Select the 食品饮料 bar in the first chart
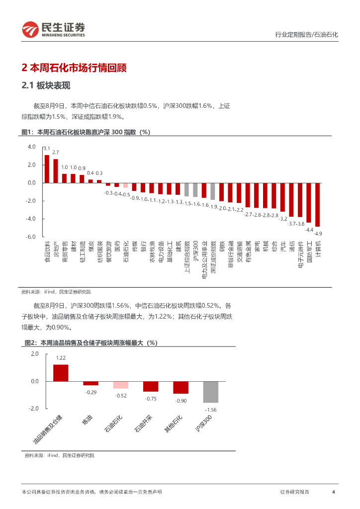pyautogui.click(x=47, y=169)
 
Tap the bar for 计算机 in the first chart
pyautogui.click(x=317, y=205)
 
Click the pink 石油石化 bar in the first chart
pyautogui.click(x=125, y=185)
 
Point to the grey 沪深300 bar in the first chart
pyautogui.click(x=195, y=190)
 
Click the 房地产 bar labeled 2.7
pyautogui.click(x=56, y=171)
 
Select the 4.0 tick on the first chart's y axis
pyautogui.click(x=32, y=147)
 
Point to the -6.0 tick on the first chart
pyautogui.click(x=31, y=237)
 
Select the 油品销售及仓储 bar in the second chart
pyautogui.click(x=61, y=373)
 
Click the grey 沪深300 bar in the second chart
pyautogui.click(x=211, y=392)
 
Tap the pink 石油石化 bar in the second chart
pyautogui.click(x=120, y=385)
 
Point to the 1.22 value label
pyautogui.click(x=61, y=358)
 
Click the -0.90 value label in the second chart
pyautogui.click(x=180, y=401)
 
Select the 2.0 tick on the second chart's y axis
pyautogui.click(x=34, y=353)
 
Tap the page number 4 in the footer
pyautogui.click(x=333, y=492)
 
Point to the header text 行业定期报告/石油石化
pyautogui.click(x=306, y=35)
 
